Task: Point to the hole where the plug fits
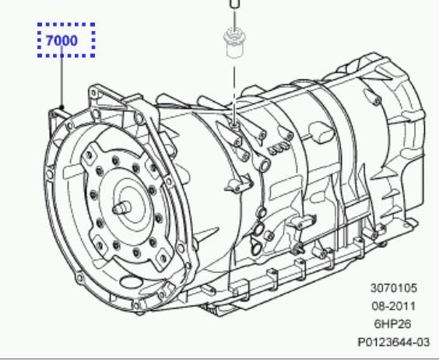233,122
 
